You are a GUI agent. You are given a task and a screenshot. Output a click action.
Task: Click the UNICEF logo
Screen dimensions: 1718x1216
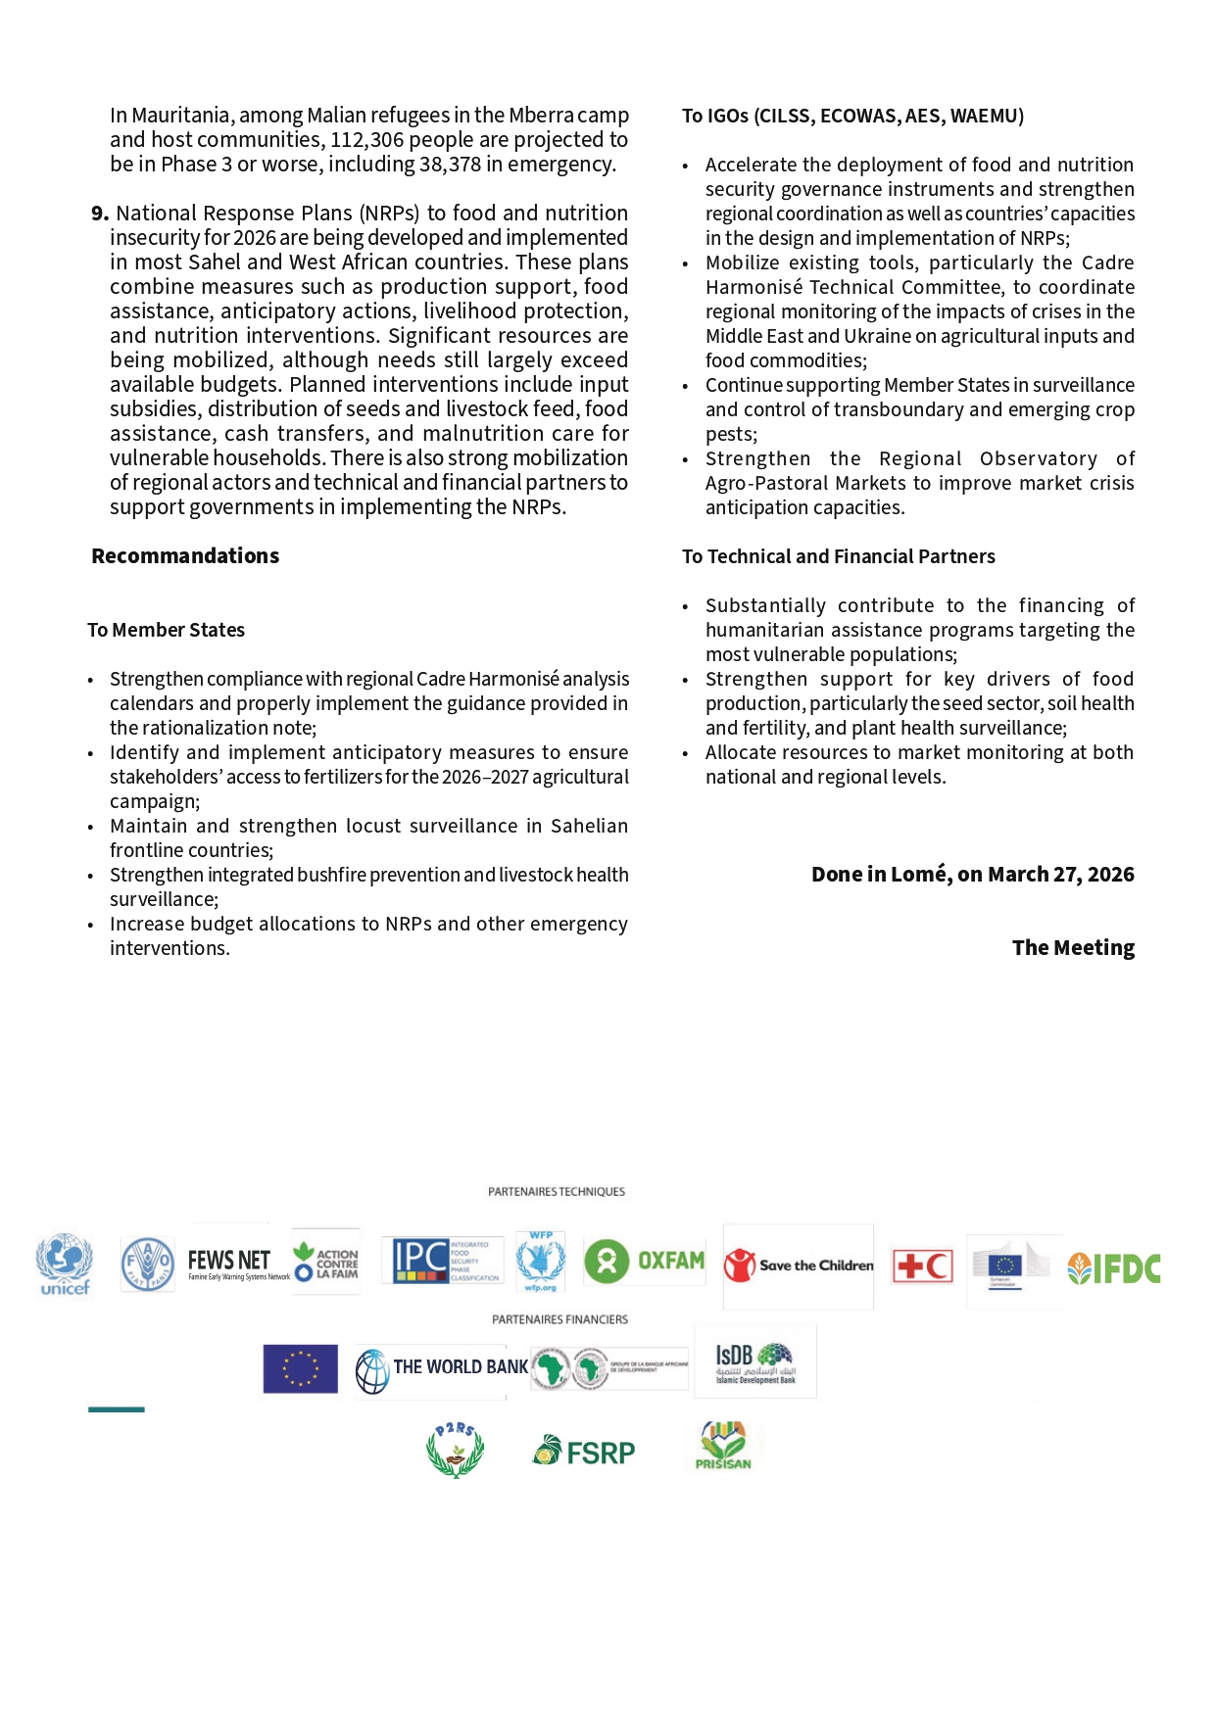65,1264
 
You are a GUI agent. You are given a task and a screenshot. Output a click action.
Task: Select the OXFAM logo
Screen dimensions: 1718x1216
645,1261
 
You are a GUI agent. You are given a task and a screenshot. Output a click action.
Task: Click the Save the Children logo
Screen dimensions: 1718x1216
799,1265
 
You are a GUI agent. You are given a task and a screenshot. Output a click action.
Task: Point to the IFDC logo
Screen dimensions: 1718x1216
1114,1268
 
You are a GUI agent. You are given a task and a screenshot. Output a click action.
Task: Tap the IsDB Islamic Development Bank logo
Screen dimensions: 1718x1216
754,1362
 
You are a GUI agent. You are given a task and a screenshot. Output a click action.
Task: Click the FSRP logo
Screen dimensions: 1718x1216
584,1452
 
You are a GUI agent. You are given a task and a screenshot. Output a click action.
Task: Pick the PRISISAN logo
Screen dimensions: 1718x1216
723,1446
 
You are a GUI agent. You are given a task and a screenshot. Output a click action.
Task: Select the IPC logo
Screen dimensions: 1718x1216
442,1261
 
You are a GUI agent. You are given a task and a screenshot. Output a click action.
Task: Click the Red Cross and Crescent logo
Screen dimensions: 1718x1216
922,1266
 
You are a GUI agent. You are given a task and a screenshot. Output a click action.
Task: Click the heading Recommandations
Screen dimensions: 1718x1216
185,556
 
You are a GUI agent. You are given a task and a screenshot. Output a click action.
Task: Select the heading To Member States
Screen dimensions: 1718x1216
166,630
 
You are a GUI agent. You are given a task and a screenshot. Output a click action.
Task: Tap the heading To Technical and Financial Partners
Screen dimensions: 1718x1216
838,556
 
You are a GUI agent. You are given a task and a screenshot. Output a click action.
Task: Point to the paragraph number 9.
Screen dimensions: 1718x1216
99,214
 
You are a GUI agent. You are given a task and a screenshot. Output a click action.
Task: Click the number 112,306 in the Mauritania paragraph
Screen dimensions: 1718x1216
366,140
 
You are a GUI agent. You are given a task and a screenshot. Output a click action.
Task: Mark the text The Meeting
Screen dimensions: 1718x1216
1073,948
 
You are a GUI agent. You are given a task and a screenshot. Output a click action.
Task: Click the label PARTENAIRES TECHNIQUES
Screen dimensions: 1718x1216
556,1192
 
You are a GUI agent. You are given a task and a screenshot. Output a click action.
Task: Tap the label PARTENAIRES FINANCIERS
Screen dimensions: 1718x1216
559,1319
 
